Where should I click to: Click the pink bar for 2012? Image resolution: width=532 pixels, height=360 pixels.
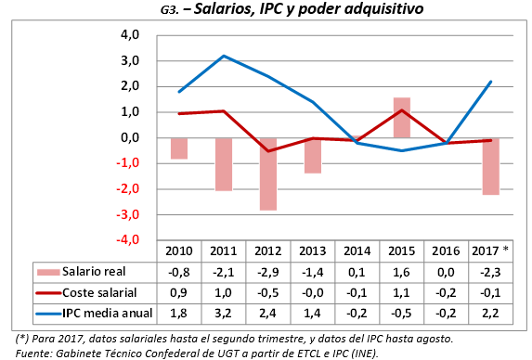coord(267,174)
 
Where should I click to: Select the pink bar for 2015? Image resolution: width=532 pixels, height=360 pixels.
coord(401,118)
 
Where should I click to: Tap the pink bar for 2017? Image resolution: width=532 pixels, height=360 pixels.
coord(490,166)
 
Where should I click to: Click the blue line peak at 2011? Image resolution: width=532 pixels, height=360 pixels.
coord(224,57)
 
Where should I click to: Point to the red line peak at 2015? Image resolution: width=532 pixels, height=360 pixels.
coord(401,110)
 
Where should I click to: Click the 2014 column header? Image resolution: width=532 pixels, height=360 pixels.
coord(357,251)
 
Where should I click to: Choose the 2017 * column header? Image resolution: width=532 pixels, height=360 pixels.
coord(490,251)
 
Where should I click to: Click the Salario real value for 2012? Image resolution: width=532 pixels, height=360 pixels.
coord(267,272)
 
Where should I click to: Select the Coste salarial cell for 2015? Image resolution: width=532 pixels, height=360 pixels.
coord(401,293)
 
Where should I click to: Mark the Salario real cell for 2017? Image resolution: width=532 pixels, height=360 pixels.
coord(490,272)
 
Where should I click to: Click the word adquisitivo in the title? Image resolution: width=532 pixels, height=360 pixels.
coord(347,11)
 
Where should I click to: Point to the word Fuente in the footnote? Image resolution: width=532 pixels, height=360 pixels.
coord(35,352)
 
